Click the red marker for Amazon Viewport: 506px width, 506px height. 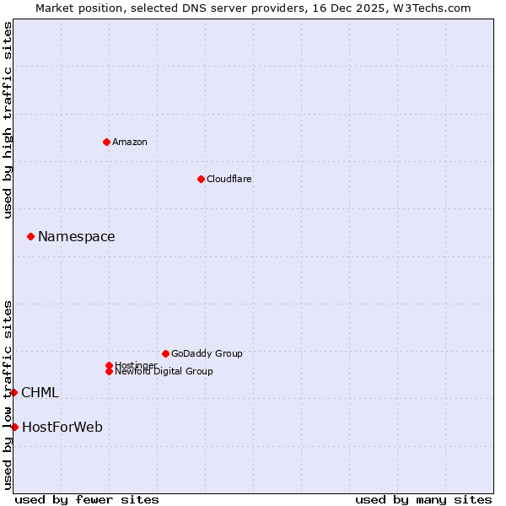(x=106, y=142)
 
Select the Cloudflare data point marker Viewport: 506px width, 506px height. (x=201, y=179)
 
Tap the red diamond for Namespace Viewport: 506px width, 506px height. (x=30, y=237)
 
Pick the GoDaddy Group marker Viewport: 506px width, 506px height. (x=165, y=353)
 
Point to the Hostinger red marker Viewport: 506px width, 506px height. (x=109, y=365)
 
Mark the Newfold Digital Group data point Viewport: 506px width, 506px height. (x=110, y=371)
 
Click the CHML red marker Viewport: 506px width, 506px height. (x=13, y=392)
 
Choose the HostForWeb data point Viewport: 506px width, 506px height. (x=14, y=427)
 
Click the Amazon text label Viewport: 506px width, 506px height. (x=130, y=142)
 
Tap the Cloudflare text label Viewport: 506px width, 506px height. (x=229, y=179)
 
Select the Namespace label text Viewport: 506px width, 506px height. (x=77, y=237)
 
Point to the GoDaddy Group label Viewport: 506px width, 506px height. (x=207, y=353)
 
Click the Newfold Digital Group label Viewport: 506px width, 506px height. (x=164, y=371)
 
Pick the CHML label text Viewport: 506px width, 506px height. (x=40, y=393)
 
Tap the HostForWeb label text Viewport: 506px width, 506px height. (x=62, y=428)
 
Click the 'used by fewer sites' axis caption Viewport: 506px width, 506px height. (x=87, y=500)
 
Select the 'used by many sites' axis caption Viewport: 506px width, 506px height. (x=423, y=500)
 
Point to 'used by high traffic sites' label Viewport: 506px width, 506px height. (x=8, y=120)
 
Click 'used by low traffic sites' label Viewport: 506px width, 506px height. (x=8, y=395)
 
